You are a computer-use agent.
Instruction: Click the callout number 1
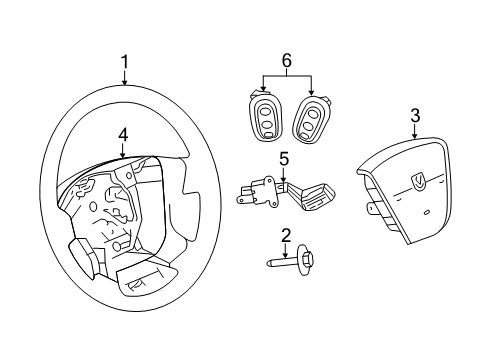pos(125,63)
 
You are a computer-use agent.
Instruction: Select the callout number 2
pos(286,236)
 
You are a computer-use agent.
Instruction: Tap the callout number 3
pos(415,116)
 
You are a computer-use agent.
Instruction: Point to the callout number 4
pos(121,134)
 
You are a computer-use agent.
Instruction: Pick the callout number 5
pos(284,157)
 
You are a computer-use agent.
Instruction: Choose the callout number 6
pos(287,62)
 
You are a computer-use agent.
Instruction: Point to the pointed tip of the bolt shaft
pos(268,264)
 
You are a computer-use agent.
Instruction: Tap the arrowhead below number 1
pos(125,86)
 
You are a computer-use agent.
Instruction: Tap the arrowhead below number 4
pos(121,157)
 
